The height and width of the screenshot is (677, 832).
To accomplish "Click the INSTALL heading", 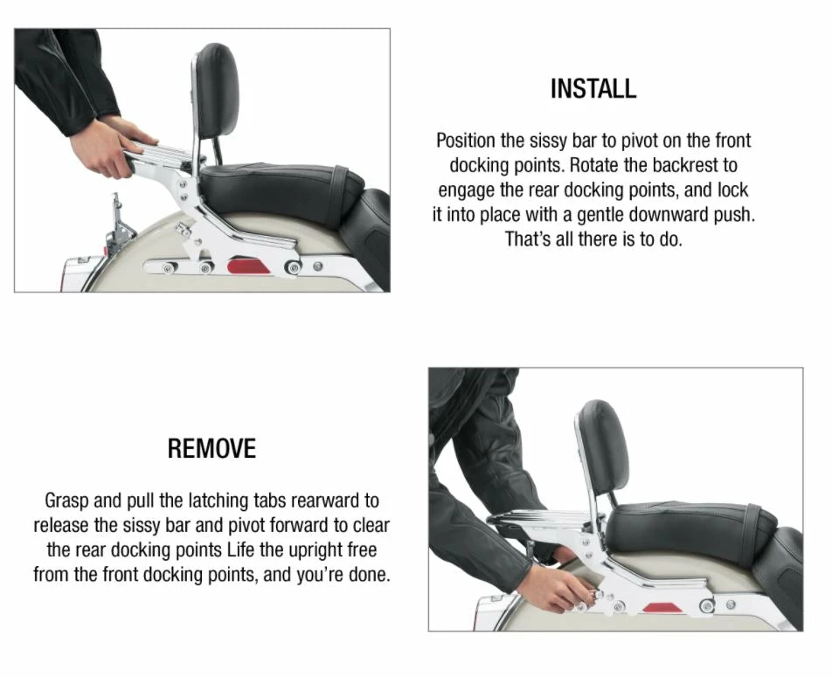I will click(593, 88).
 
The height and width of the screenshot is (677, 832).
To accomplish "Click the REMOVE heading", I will click(211, 449).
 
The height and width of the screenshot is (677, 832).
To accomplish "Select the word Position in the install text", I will click(468, 141).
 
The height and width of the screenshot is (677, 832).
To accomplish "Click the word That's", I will click(529, 239).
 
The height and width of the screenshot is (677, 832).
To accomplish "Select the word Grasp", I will click(68, 501).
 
